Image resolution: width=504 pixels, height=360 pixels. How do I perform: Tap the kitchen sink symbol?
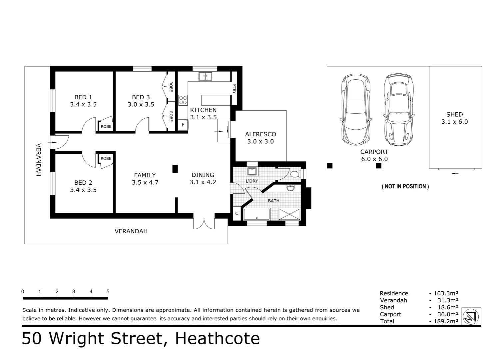pyautogui.click(x=205, y=76)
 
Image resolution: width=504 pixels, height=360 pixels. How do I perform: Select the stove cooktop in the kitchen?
pyautogui.click(x=183, y=100)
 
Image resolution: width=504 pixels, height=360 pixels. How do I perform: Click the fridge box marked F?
pyautogui.click(x=183, y=125)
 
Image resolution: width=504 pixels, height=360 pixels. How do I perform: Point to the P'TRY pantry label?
pyautogui.click(x=234, y=88)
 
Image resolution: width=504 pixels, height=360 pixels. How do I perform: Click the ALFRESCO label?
pyautogui.click(x=260, y=134)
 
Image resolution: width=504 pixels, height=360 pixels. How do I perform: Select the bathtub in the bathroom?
pyautogui.click(x=256, y=214)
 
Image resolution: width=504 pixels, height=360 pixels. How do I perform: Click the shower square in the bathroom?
pyautogui.click(x=289, y=214)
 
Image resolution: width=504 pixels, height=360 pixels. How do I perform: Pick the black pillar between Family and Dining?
pyautogui.click(x=175, y=169)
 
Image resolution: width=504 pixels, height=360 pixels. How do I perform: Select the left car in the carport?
pyautogui.click(x=356, y=109)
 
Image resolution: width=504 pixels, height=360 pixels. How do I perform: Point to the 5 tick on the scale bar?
pyautogui.click(x=108, y=292)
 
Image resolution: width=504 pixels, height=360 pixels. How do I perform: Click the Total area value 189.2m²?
pyautogui.click(x=446, y=321)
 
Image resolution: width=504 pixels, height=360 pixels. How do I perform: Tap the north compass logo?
pyautogui.click(x=471, y=316)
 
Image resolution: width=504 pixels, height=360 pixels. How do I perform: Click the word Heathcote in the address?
pyautogui.click(x=217, y=338)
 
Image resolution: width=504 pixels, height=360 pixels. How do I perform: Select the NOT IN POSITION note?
pyautogui.click(x=405, y=186)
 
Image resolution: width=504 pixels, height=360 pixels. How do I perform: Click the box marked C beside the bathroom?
pyautogui.click(x=237, y=213)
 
